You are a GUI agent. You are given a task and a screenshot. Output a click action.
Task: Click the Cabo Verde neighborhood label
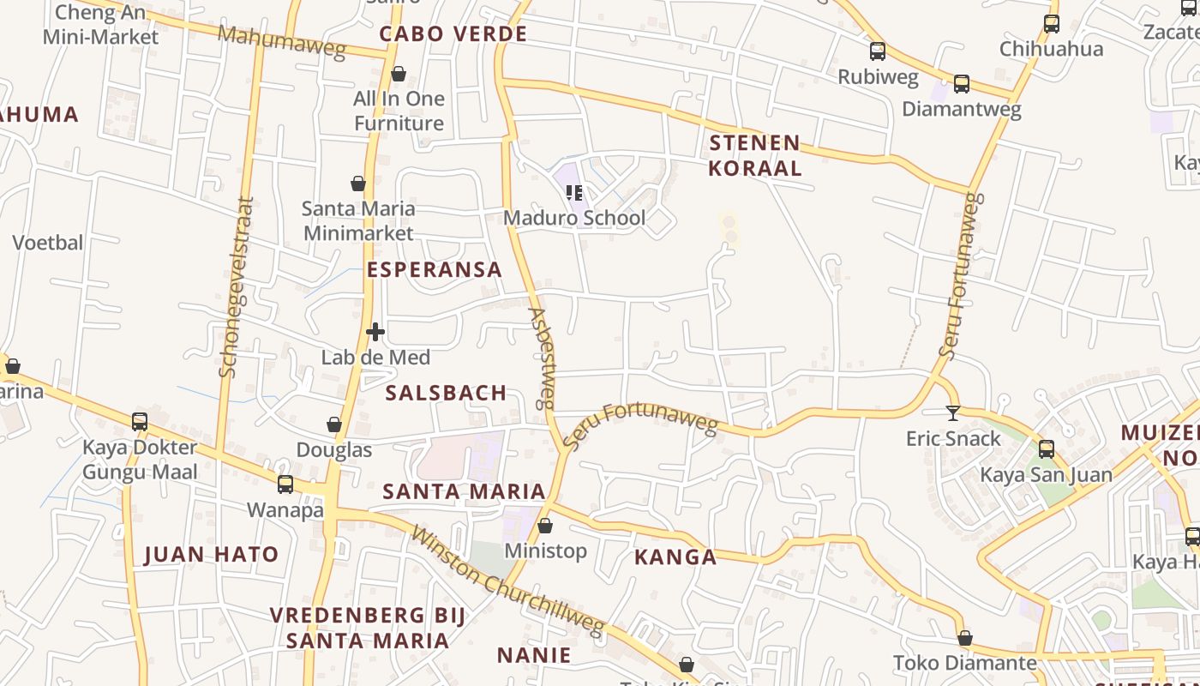coord(453,34)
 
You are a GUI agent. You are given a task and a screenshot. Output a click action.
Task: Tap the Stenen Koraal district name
coord(755,155)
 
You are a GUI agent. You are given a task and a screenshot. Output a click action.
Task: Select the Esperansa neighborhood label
coord(435,269)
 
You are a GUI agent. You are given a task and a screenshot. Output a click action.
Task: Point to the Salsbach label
coord(446,393)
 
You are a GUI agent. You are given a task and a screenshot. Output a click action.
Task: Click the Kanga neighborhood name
coord(675,557)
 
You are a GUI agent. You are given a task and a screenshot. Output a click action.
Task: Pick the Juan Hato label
coord(212,555)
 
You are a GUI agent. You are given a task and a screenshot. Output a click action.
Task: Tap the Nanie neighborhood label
coord(534,656)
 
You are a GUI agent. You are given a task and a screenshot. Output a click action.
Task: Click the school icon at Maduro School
coord(574,193)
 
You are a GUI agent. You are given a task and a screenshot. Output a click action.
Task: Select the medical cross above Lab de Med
coord(375,332)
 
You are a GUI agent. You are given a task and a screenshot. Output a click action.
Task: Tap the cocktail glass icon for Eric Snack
coord(953,413)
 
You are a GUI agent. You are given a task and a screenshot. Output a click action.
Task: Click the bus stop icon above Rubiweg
coord(878,51)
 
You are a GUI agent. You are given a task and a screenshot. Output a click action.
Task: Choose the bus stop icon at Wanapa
coord(285,484)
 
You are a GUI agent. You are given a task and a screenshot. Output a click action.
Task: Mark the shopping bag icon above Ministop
coord(545,526)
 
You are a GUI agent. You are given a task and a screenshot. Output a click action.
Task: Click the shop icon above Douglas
coord(334,424)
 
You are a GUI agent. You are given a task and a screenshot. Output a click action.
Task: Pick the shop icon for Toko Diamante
coord(965,638)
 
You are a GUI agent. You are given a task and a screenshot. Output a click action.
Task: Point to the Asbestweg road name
coord(542,358)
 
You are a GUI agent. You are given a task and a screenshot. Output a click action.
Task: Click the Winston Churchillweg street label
coord(508,581)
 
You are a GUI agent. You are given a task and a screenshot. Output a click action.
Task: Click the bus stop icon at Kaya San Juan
coord(1047,449)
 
